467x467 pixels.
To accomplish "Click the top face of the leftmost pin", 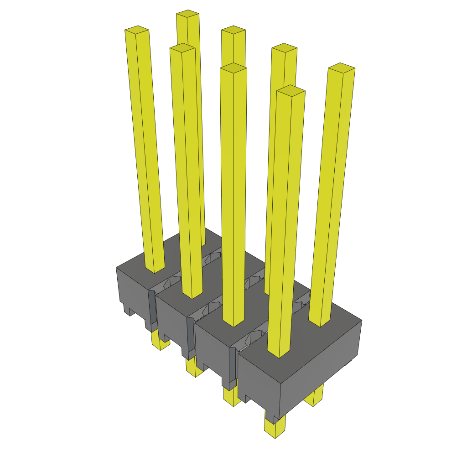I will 137,30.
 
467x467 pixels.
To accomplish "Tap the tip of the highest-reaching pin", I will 188,14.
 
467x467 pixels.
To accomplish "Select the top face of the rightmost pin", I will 342,67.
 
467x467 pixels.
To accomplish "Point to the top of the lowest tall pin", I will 291,90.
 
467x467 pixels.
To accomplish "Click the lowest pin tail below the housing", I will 275,429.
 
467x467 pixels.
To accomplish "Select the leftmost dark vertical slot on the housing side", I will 152,310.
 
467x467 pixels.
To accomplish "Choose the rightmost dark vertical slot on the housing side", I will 232,365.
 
